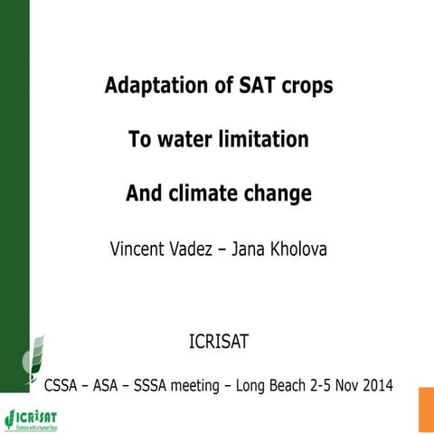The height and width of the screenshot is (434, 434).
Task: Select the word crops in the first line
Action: click(x=301, y=87)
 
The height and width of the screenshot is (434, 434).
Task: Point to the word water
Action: click(x=185, y=140)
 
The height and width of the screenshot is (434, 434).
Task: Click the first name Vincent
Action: click(x=137, y=247)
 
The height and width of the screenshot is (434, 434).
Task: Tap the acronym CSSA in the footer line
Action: click(x=64, y=387)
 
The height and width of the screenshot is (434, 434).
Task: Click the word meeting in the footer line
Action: click(x=201, y=387)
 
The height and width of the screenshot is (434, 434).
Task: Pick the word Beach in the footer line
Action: click(x=290, y=387)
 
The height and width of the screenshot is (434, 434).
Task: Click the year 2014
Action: click(x=376, y=387)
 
